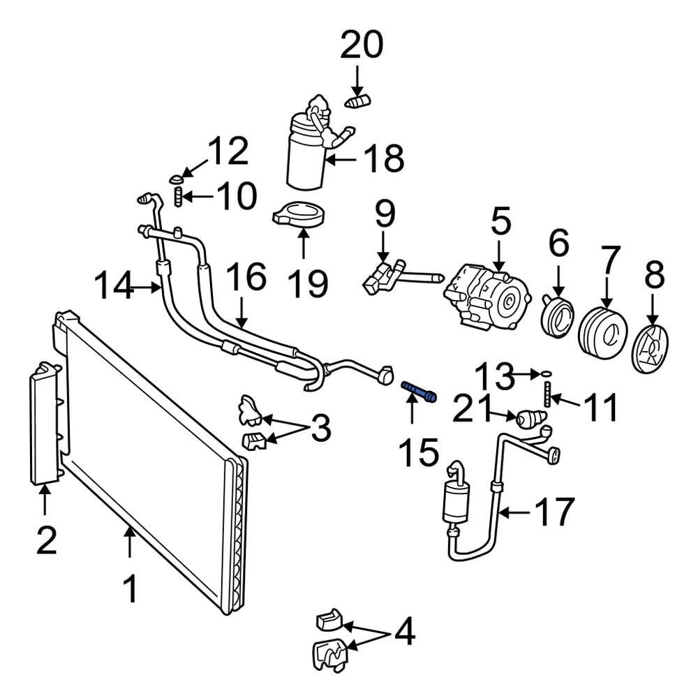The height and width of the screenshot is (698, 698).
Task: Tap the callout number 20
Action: pyautogui.click(x=362, y=45)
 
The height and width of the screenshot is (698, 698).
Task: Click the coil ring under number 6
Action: pyautogui.click(x=557, y=316)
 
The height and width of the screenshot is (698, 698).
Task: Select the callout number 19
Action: pyautogui.click(x=308, y=283)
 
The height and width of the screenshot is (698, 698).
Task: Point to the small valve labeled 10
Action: pyautogui.click(x=178, y=196)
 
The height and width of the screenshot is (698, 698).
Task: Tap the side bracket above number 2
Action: pyautogui.click(x=45, y=423)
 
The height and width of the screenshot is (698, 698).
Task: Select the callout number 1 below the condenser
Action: pyautogui.click(x=130, y=589)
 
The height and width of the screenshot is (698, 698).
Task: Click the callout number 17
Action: pyautogui.click(x=555, y=512)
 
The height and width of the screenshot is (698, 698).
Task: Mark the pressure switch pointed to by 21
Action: pyautogui.click(x=530, y=419)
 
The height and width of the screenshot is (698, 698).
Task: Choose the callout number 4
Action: pyautogui.click(x=405, y=631)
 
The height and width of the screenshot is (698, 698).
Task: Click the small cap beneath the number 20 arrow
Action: pyautogui.click(x=358, y=101)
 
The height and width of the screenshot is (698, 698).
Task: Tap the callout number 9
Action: pyautogui.click(x=385, y=214)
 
